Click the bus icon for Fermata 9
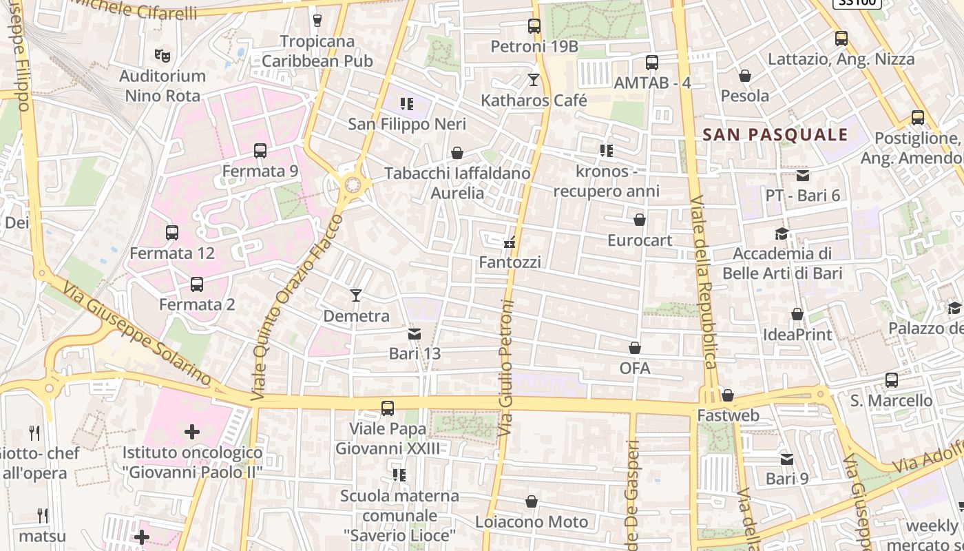point(260,151)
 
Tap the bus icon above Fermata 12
point(172,233)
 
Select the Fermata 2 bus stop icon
point(197,284)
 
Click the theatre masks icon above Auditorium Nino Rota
point(163,55)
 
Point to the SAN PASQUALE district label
point(776,134)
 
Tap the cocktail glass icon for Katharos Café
point(534,80)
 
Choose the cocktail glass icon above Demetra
point(356,295)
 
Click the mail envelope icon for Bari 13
point(415,334)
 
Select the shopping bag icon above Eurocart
point(640,220)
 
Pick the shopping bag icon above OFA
point(635,349)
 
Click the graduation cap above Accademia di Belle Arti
point(782,233)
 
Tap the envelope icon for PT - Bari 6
point(803,176)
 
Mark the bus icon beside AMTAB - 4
point(652,63)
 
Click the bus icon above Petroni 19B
point(534,26)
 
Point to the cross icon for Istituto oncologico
point(192,432)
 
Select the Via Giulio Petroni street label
point(507,368)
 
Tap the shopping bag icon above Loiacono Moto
point(532,501)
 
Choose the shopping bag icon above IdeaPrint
point(797,314)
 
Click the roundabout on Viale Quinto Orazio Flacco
point(353,185)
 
